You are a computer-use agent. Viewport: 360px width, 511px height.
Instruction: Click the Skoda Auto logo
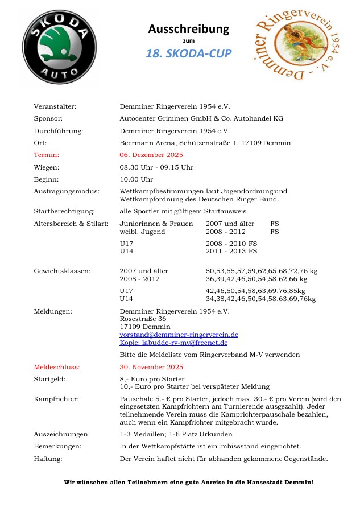60,47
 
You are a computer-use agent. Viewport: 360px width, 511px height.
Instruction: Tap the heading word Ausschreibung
188,28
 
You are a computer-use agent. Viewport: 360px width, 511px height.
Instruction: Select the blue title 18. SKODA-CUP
188,53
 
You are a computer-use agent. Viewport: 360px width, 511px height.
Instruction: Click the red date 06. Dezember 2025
151,155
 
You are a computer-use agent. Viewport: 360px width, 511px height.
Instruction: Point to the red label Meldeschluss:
57,367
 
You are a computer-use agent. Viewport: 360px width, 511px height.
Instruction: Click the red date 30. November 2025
151,367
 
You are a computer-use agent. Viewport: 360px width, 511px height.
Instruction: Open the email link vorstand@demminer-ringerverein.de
179,335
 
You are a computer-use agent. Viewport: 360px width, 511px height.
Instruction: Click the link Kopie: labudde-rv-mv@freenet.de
173,343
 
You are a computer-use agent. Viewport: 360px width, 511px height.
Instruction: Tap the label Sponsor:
48,118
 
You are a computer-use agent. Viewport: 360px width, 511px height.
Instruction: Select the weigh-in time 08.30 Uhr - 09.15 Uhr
156,167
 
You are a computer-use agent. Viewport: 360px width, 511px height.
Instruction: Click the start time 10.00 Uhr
136,179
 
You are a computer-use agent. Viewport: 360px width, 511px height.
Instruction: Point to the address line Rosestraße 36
143,319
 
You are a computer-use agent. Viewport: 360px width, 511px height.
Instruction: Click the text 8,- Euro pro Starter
152,379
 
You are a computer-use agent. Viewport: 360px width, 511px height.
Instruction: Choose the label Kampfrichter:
56,399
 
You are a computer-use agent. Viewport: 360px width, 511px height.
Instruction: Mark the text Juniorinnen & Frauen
156,224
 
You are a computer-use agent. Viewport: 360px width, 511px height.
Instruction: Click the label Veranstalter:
55,106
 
